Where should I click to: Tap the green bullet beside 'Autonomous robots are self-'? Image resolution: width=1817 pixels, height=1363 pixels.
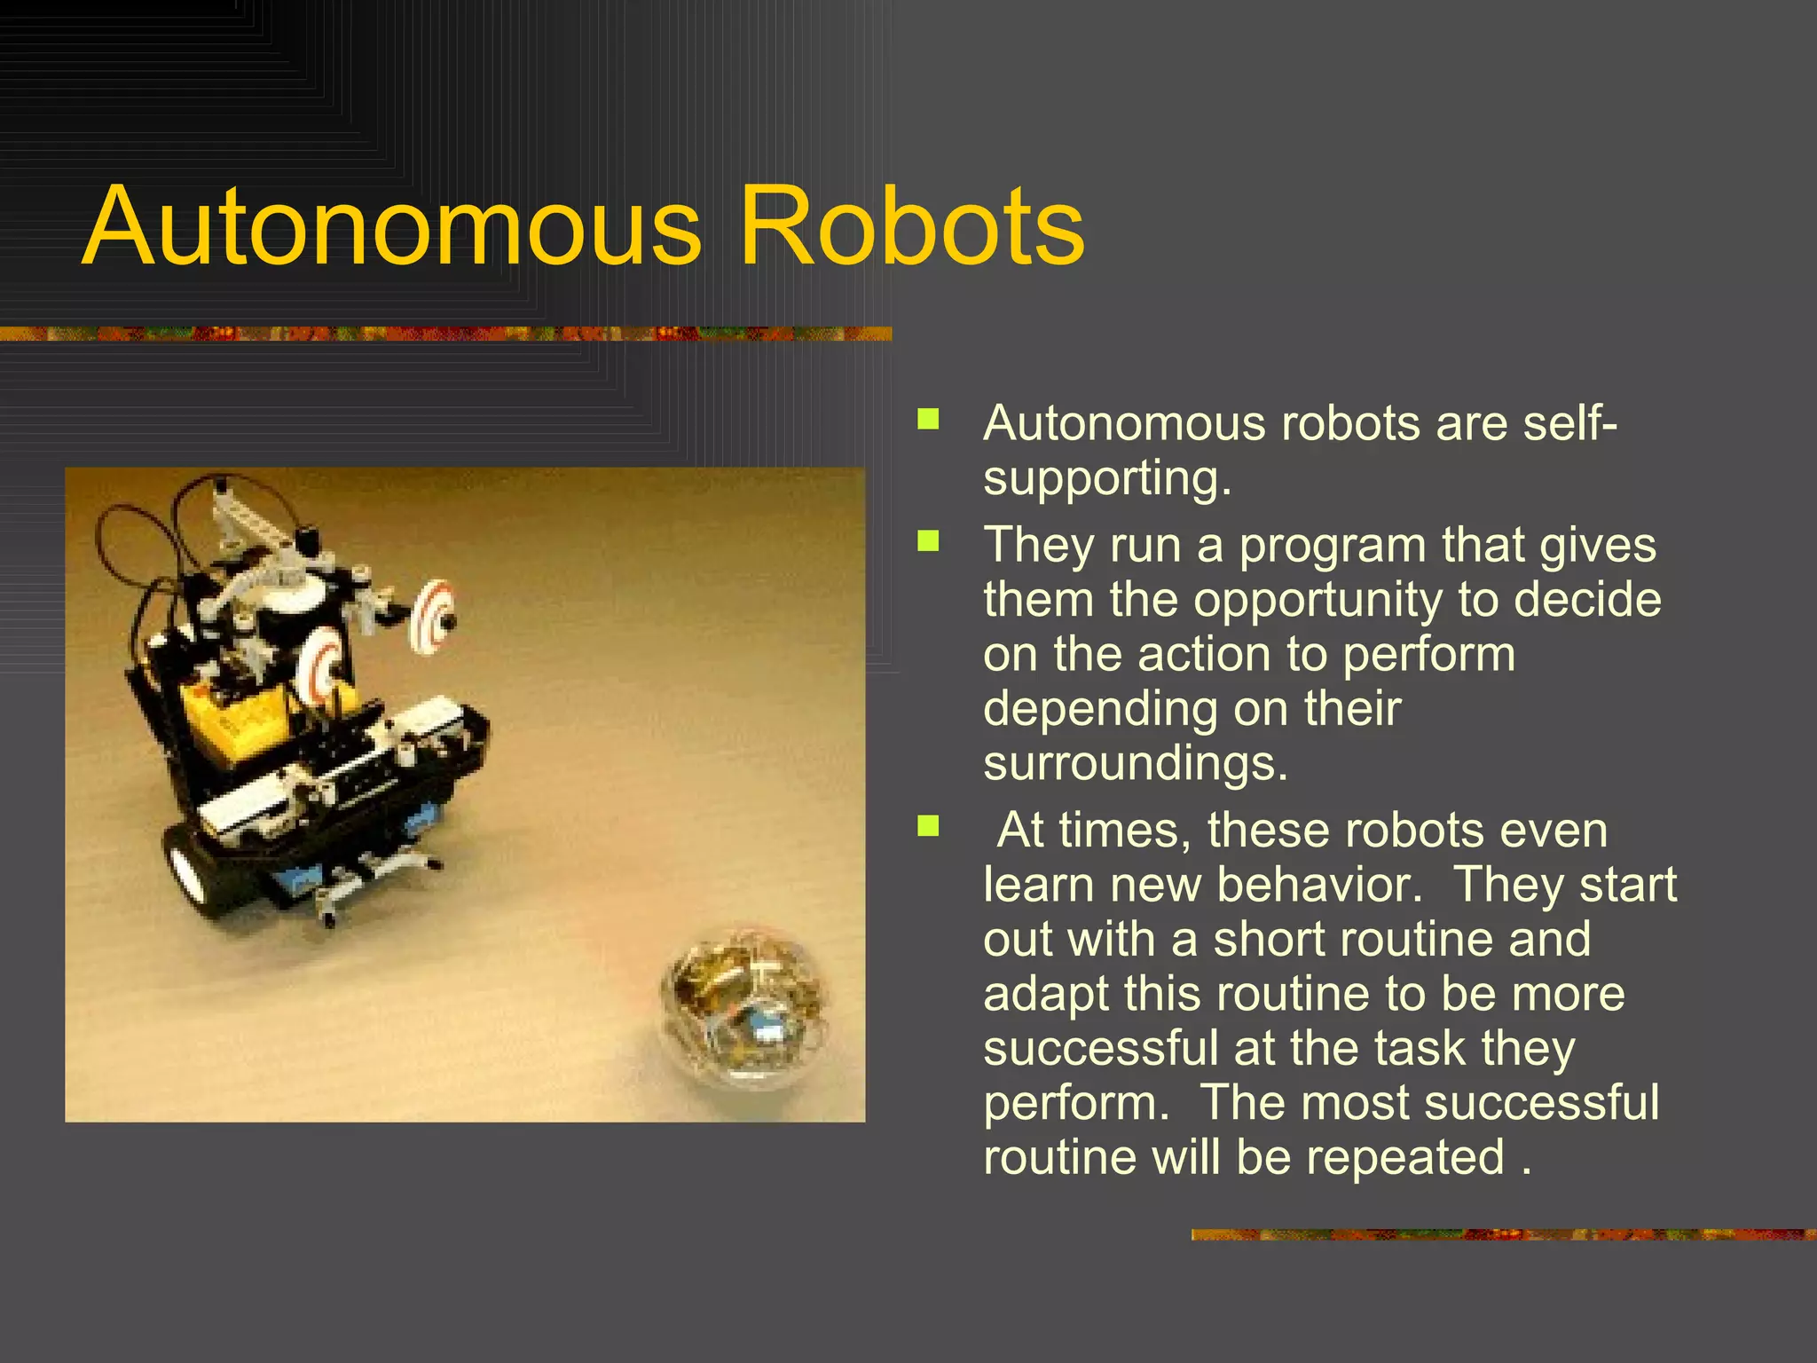(928, 419)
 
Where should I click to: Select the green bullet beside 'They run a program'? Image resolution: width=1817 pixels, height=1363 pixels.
(928, 540)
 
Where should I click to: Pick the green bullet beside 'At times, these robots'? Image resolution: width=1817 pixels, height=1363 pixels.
(928, 826)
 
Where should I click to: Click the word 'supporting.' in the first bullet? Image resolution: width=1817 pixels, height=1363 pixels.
(1107, 479)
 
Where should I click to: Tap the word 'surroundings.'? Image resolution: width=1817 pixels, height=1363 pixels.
(1136, 763)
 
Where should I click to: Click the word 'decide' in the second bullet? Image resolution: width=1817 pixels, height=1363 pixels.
(1587, 600)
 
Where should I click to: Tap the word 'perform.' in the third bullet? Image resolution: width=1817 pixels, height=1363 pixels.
(1076, 1104)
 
